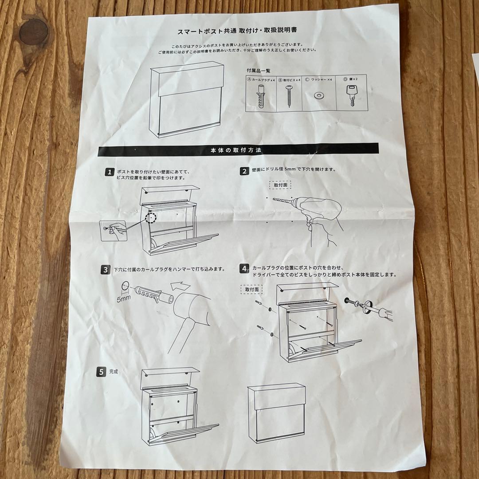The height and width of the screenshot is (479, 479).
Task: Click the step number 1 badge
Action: [109, 172]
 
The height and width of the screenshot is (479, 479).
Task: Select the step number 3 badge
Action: [106, 269]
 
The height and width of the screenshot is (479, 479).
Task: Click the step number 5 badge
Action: [101, 372]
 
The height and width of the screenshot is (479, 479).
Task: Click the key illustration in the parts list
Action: [352, 94]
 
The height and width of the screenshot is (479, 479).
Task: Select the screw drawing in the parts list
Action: [288, 95]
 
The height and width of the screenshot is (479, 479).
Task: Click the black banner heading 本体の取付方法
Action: [238, 150]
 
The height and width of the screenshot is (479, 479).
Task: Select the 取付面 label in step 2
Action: [280, 185]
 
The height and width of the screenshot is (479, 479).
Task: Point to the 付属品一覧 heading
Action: [259, 71]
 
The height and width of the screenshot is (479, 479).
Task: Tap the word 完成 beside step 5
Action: [113, 372]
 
